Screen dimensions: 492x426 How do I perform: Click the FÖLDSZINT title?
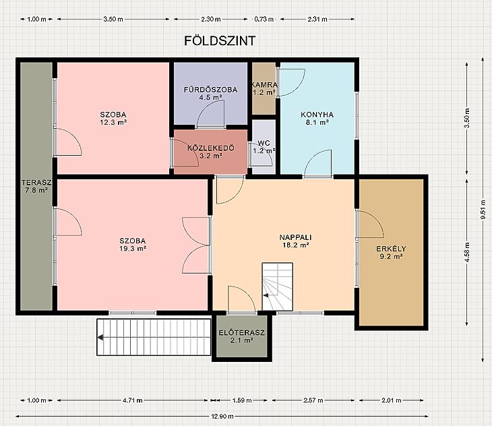tap(220, 41)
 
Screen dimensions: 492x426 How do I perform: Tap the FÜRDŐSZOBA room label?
tap(210, 90)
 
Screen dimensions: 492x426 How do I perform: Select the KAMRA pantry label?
tap(264, 85)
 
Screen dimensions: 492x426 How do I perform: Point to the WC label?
tap(264, 143)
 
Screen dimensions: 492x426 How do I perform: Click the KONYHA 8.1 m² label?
tap(317, 118)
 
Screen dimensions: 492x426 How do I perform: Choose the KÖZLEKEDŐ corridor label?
tap(211, 148)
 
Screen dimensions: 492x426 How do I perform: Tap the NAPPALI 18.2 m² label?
tap(296, 241)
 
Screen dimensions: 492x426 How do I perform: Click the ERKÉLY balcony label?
tap(391, 249)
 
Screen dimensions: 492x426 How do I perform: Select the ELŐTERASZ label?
tap(241, 332)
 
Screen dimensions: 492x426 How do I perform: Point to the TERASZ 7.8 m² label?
tap(36, 186)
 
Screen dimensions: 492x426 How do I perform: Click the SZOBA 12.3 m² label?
tap(113, 118)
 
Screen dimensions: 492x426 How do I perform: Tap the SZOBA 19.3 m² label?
tap(133, 245)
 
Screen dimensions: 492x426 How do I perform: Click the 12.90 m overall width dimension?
tap(222, 417)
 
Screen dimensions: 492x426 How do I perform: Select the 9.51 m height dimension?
tap(483, 210)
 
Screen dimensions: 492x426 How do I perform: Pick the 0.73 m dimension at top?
tap(264, 19)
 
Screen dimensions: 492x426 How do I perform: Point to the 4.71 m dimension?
tap(132, 400)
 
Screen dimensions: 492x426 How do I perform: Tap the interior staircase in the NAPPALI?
tap(278, 286)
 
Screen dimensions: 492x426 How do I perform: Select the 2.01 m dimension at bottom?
tap(392, 400)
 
